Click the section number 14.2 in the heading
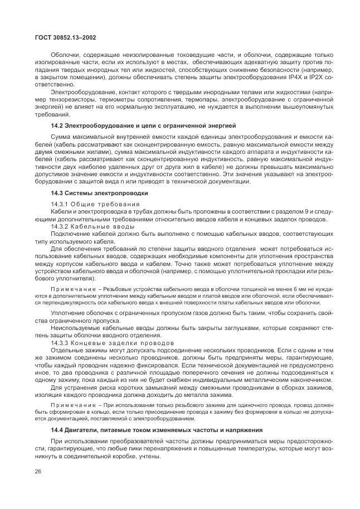56,126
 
